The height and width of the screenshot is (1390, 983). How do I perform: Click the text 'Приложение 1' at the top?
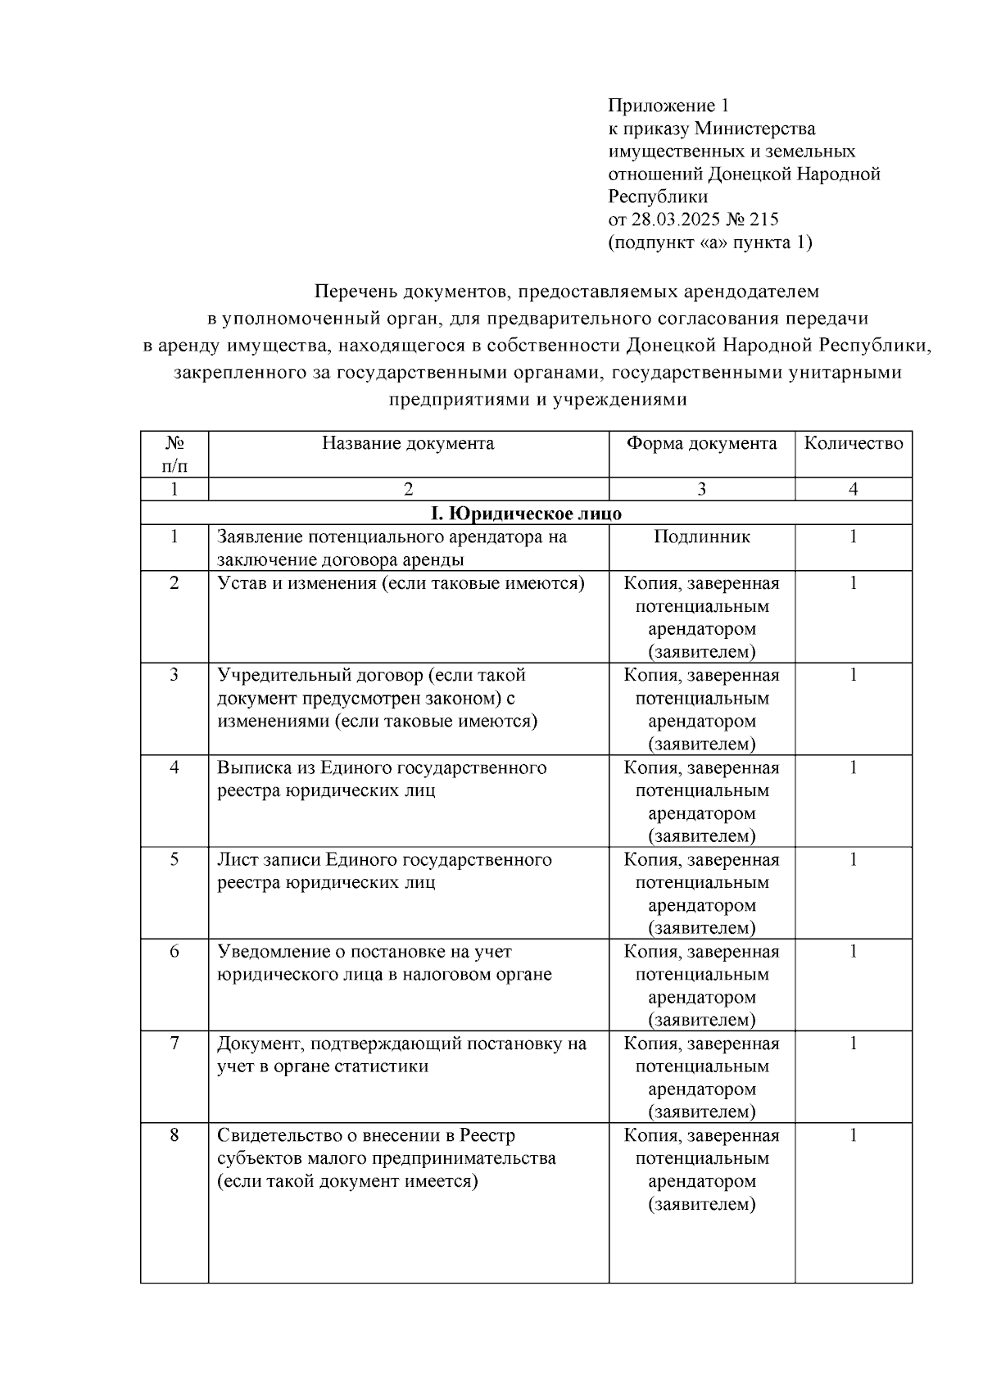click(x=668, y=106)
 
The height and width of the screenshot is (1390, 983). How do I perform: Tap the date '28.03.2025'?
click(x=671, y=220)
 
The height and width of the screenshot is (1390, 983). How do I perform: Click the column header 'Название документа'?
click(x=408, y=443)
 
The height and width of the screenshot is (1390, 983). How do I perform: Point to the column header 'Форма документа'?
click(x=701, y=443)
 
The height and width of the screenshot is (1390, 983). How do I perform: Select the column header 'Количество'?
click(x=853, y=443)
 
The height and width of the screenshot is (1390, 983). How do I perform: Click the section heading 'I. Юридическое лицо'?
click(x=526, y=514)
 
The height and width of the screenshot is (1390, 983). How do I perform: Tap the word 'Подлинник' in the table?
click(x=702, y=537)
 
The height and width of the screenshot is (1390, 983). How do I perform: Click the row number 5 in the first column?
click(x=174, y=859)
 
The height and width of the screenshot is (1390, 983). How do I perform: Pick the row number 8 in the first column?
click(x=174, y=1135)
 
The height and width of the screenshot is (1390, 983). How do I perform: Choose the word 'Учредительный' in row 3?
click(x=283, y=675)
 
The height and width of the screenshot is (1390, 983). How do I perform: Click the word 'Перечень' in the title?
click(x=351, y=291)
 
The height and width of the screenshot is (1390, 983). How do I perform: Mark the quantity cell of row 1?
click(x=853, y=537)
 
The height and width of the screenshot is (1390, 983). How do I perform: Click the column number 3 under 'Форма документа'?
click(x=701, y=489)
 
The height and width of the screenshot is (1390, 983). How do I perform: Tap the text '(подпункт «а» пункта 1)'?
click(x=710, y=242)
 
